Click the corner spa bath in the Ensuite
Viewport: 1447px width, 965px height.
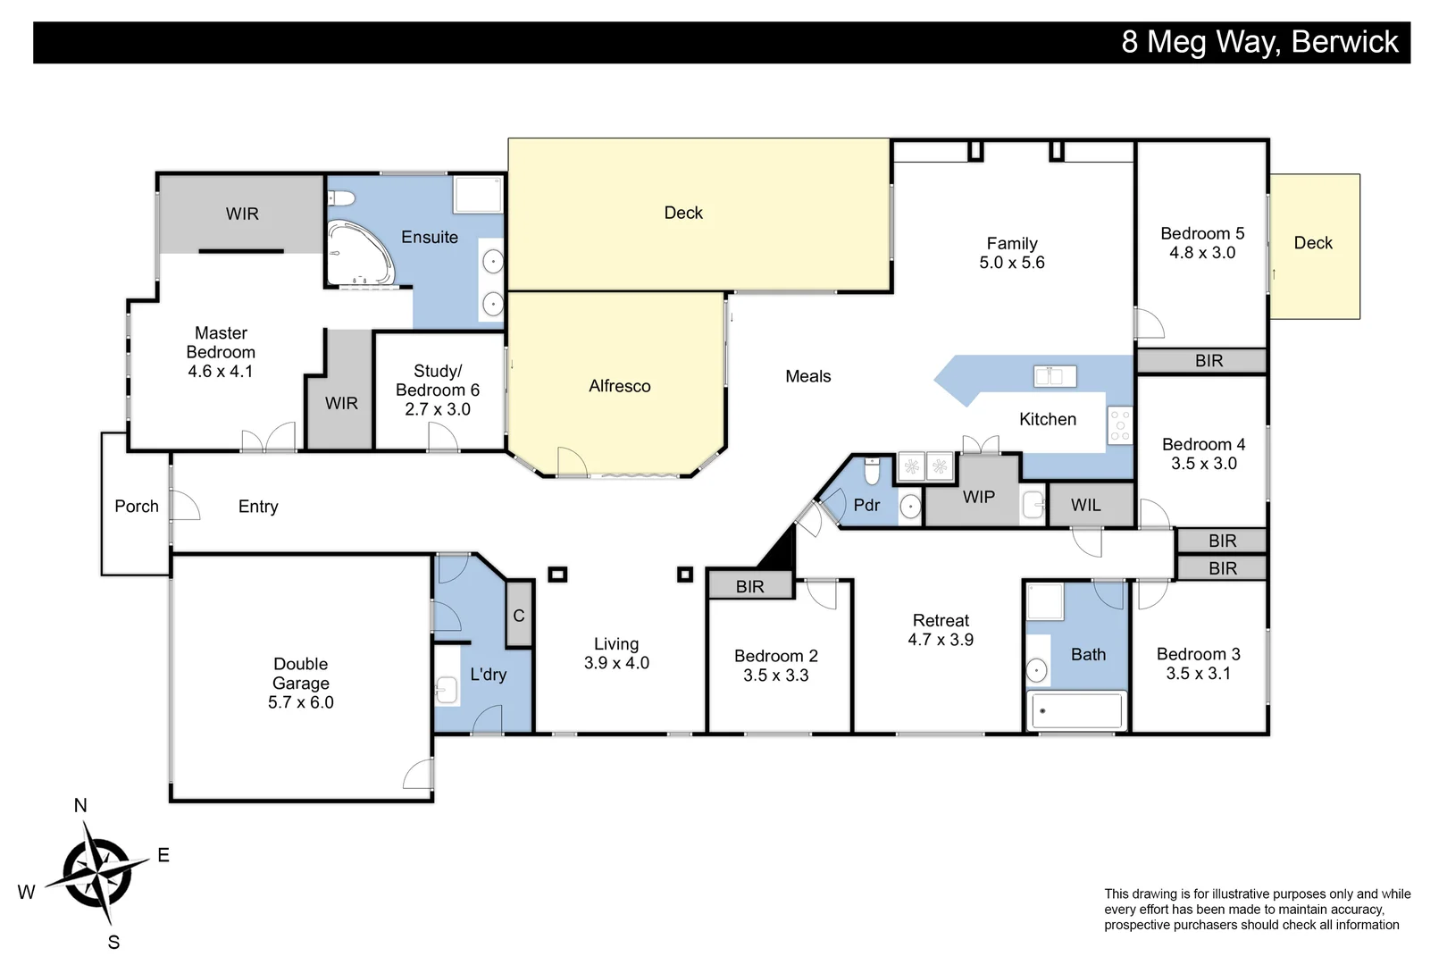click(358, 254)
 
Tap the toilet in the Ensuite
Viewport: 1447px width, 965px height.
click(342, 197)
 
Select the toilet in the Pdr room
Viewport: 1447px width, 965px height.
click(873, 470)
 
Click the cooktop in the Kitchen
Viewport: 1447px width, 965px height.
click(1120, 425)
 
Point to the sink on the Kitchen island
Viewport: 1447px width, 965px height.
click(1055, 375)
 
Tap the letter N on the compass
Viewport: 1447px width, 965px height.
click(80, 805)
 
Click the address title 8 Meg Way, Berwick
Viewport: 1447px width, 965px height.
click(1259, 42)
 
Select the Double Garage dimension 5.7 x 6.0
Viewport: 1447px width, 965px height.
click(301, 702)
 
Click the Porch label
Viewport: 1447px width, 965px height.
click(137, 506)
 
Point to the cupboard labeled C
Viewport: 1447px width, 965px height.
click(519, 615)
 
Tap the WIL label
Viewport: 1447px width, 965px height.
click(1086, 505)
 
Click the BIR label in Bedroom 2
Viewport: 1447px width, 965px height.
click(750, 586)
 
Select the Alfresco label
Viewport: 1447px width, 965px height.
click(620, 386)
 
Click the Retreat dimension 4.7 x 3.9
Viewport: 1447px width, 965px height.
click(941, 640)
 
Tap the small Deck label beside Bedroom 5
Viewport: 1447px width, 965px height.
click(1313, 243)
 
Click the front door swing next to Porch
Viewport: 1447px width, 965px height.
click(185, 506)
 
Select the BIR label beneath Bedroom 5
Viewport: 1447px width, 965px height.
click(1209, 360)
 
